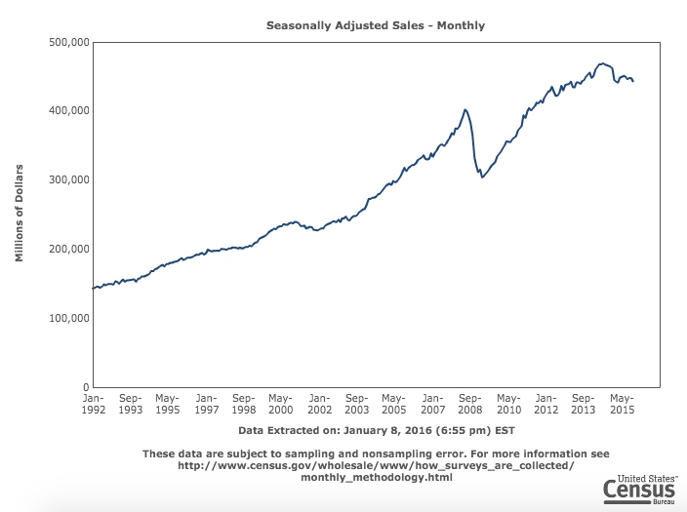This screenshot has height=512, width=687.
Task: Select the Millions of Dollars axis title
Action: point(20,215)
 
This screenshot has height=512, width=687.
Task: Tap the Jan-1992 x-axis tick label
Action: point(93,404)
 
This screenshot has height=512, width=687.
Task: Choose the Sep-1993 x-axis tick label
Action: point(131,404)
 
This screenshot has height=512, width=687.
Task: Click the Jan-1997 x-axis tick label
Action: point(206,404)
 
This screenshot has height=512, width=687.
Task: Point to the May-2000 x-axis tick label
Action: point(281,404)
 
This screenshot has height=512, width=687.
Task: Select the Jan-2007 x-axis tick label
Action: point(432,404)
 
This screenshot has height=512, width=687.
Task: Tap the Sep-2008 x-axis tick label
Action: point(469,404)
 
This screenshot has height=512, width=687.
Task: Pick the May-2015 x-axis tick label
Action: point(621,404)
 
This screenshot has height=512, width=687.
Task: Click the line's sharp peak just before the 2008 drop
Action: point(465,109)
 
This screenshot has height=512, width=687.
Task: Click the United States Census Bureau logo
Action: point(640,490)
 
